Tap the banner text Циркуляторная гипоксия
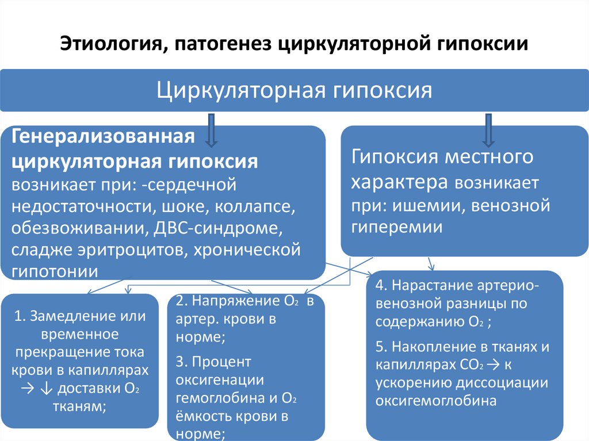pos(294,90)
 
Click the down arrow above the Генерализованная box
pos(210,129)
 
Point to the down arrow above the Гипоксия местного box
pos(489,129)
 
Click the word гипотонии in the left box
pos(54,271)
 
